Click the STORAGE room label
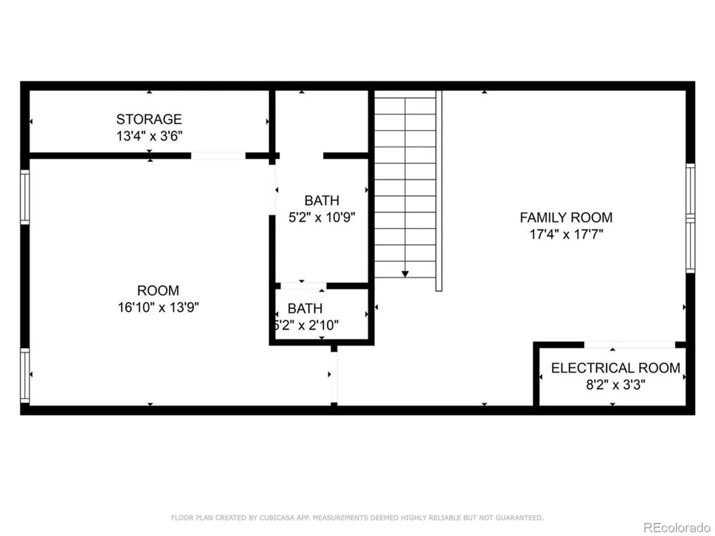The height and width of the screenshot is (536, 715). point(149,119)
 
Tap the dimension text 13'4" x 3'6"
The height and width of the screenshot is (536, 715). point(149,136)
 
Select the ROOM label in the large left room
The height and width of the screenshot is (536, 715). point(158,291)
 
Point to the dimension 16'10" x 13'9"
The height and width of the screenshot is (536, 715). point(158,307)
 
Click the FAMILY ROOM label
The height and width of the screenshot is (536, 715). point(566,217)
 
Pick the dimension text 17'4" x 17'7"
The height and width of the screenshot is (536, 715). point(566,234)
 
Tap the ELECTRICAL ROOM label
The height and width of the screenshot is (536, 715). point(615,368)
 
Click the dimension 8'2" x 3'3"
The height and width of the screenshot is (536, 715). point(615,385)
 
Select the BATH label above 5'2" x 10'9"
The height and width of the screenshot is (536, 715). point(322,200)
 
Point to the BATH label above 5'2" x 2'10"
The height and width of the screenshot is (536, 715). point(305,308)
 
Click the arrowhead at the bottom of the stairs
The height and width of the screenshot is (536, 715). point(405,274)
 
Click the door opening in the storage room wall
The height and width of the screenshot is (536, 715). point(218,155)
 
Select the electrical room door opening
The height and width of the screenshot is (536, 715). point(629,344)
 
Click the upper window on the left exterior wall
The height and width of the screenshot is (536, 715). point(25,197)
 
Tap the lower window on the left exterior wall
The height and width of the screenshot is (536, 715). point(25,376)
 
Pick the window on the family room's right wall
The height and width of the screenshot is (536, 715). point(690,218)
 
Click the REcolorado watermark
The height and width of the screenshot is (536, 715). point(676,527)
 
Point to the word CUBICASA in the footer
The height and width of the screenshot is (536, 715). point(277,518)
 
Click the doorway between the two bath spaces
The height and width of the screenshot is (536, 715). point(304,286)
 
